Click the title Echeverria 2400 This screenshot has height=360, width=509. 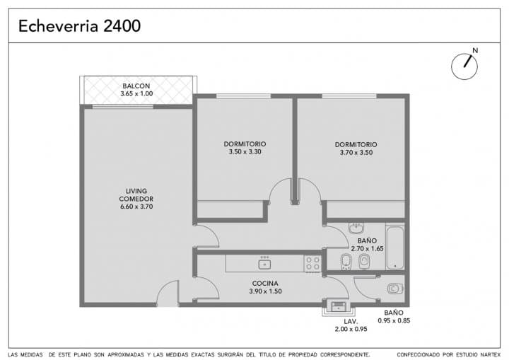click(79, 26)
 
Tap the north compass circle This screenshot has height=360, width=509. click(464, 66)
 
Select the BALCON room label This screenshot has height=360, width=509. click(136, 86)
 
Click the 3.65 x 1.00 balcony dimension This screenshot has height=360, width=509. click(136, 93)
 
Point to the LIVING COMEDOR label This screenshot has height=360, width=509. click(136, 195)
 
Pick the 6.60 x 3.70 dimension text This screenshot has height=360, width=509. click(136, 207)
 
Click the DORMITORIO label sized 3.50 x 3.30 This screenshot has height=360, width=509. click(245, 144)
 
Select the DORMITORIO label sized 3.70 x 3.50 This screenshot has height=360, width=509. click(356, 144)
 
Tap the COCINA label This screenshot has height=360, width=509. click(265, 284)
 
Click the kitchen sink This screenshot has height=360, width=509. click(265, 263)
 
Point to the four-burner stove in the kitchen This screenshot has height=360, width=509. click(312, 263)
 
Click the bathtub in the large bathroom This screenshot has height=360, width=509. click(395, 248)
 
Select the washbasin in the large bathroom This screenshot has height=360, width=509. click(356, 228)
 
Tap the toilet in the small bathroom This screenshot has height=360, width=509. click(395, 289)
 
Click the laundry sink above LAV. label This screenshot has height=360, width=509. click(339, 306)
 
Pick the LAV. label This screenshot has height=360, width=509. click(351, 322)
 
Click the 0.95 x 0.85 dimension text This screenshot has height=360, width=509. click(394, 320)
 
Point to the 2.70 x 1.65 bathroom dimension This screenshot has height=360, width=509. click(367, 248)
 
